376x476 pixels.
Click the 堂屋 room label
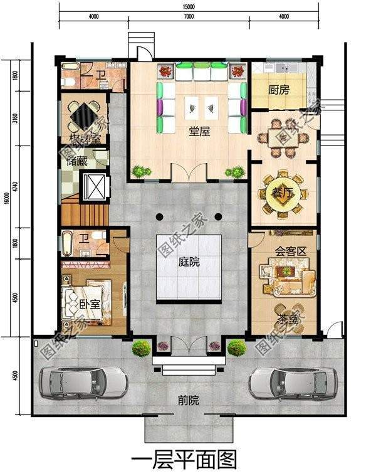[200, 132]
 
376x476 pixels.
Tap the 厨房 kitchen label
[279, 90]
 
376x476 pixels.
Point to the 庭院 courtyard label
[187, 262]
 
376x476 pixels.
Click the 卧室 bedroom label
[90, 304]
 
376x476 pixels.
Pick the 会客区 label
[290, 251]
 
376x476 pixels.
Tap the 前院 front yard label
[187, 399]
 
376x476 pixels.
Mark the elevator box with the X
[97, 186]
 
